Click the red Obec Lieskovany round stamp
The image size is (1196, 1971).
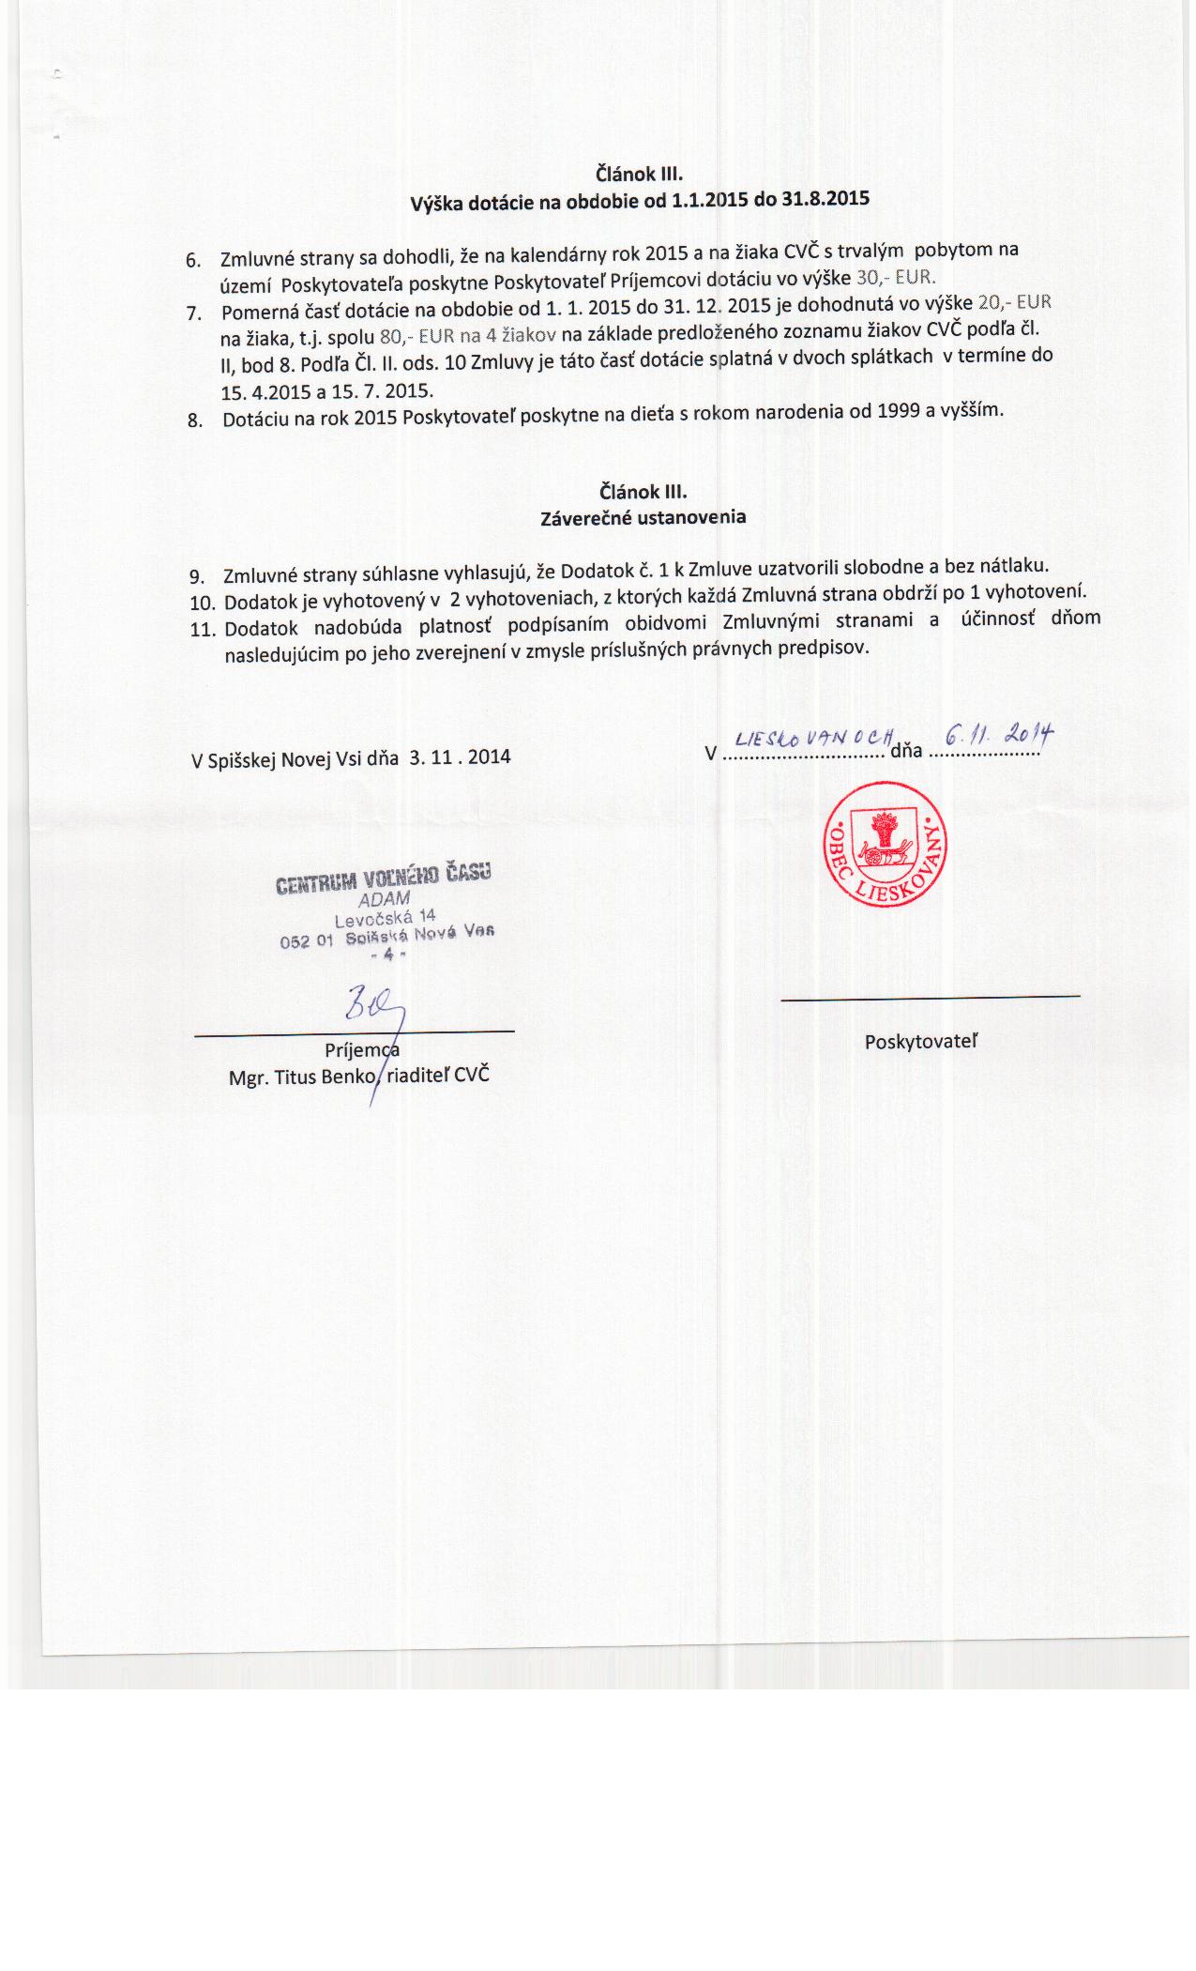click(x=885, y=846)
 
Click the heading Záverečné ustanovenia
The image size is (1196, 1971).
click(x=643, y=517)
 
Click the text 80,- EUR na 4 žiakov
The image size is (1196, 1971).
click(x=469, y=336)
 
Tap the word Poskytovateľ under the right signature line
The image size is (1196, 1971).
click(x=921, y=1041)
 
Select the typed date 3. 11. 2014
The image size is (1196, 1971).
click(x=460, y=756)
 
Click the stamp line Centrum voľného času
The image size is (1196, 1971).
click(x=384, y=879)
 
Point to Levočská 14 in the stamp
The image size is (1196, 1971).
click(x=385, y=917)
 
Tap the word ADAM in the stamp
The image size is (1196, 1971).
click(x=385, y=898)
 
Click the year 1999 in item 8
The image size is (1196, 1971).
click(x=897, y=411)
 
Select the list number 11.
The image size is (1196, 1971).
click(x=203, y=629)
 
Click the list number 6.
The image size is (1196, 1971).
click(x=194, y=259)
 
